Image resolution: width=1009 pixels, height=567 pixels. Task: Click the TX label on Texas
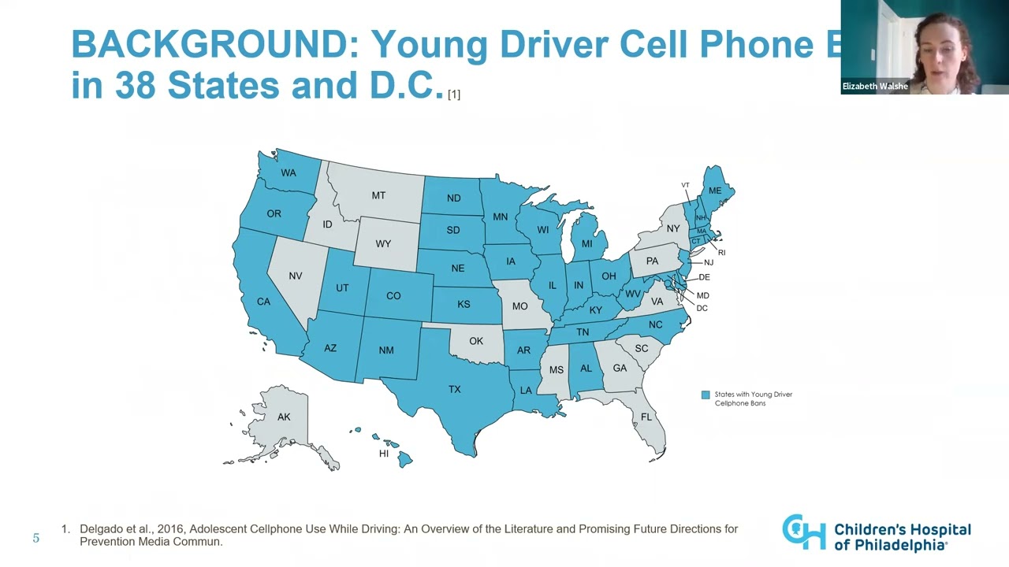pyautogui.click(x=455, y=389)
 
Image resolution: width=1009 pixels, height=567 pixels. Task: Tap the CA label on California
pyautogui.click(x=263, y=302)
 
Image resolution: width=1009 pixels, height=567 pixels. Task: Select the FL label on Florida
pyautogui.click(x=646, y=417)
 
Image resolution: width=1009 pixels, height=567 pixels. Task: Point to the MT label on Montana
pyautogui.click(x=378, y=195)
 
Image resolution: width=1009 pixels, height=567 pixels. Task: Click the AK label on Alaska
pyautogui.click(x=284, y=417)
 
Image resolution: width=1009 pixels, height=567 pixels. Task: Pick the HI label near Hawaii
pyautogui.click(x=384, y=454)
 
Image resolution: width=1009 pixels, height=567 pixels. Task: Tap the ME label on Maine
pyautogui.click(x=715, y=191)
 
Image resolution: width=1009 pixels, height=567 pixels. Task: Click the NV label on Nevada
pyautogui.click(x=296, y=276)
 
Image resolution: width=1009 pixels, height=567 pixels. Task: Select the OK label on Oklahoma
pyautogui.click(x=476, y=341)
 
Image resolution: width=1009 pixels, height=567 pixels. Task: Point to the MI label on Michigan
pyautogui.click(x=586, y=244)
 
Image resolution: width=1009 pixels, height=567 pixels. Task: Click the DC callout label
pyautogui.click(x=702, y=308)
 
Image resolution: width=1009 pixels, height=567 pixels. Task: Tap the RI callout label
pyautogui.click(x=721, y=253)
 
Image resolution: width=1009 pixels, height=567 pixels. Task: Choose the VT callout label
pyautogui.click(x=685, y=186)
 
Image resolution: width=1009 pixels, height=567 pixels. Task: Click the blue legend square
pyautogui.click(x=706, y=395)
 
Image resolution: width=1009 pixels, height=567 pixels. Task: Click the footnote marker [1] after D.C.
pyautogui.click(x=454, y=94)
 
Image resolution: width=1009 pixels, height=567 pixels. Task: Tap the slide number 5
pyautogui.click(x=35, y=539)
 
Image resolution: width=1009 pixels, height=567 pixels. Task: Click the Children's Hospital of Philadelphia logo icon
pyautogui.click(x=803, y=532)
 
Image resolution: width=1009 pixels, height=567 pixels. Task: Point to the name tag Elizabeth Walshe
pyautogui.click(x=875, y=87)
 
